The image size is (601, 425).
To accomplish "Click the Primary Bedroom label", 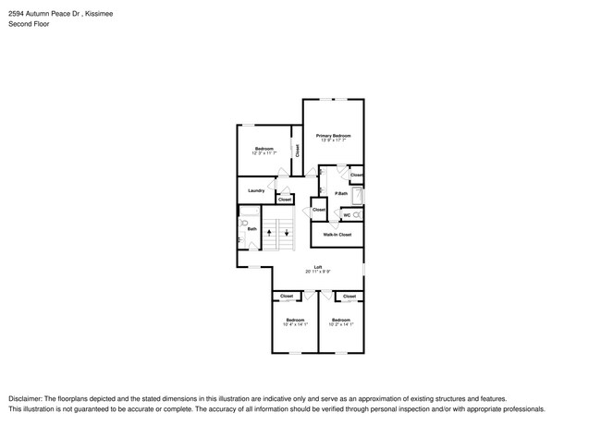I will click(x=333, y=135).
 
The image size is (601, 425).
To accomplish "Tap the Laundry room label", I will click(x=256, y=191).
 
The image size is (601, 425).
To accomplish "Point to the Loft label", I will click(x=317, y=267).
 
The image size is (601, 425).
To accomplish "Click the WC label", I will click(x=347, y=215).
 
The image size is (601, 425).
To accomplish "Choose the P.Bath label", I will click(x=340, y=193).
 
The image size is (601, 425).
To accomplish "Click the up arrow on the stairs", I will click(x=269, y=231).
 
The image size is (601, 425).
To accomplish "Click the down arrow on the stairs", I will click(x=287, y=231).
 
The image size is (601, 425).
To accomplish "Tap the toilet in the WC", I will click(x=357, y=215).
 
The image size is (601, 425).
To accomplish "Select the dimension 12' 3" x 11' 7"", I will click(x=264, y=154).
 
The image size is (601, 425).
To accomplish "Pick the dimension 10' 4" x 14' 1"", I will click(x=294, y=324).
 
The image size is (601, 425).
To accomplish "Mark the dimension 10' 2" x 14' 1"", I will click(x=341, y=324).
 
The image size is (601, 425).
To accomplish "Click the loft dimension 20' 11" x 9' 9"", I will click(x=317, y=273).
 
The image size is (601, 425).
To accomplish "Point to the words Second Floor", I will click(x=30, y=24).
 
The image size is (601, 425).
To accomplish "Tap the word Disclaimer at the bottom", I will click(x=26, y=397).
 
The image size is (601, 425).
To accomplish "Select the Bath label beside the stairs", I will click(x=251, y=228).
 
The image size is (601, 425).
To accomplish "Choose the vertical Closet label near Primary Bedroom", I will click(x=297, y=150).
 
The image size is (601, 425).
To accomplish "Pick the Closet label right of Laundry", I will click(x=285, y=200).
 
